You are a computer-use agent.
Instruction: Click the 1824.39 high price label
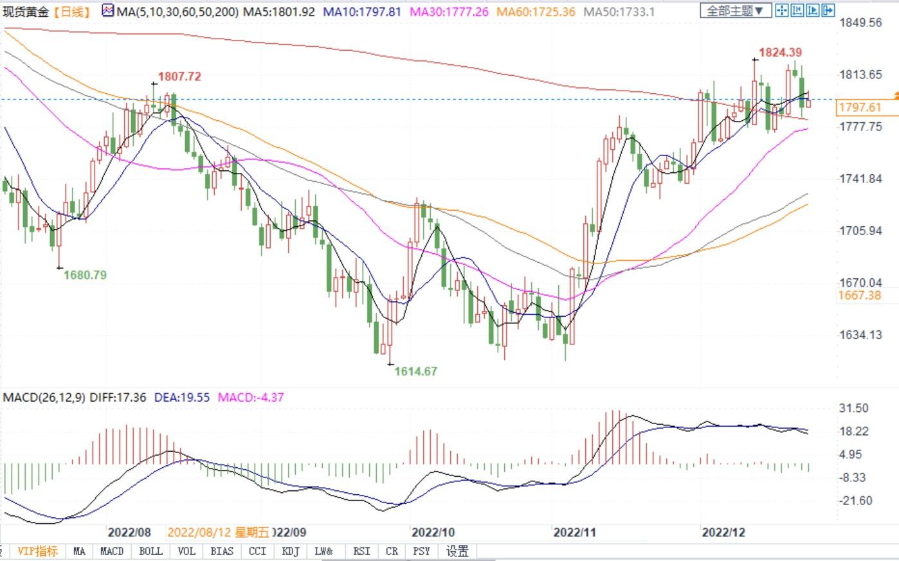coord(780,52)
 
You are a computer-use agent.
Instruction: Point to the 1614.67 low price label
coord(415,371)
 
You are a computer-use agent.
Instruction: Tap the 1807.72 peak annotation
coord(179,76)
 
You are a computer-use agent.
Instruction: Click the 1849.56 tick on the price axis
coord(861,23)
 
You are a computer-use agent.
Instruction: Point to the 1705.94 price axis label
coord(861,231)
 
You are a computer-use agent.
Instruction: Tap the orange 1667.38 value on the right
coord(860,295)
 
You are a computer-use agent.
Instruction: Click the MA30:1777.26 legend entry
coord(448,12)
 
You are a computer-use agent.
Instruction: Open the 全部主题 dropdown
coord(735,11)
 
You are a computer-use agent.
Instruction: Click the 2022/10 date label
coord(433,532)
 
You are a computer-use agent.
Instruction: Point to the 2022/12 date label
coord(723,532)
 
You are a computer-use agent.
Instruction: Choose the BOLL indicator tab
coord(150,551)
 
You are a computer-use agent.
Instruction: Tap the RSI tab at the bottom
coord(361,551)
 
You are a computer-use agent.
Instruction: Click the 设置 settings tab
coord(457,551)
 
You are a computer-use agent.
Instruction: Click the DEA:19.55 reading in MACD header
coord(182,397)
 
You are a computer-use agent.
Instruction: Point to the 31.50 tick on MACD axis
coord(854,408)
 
